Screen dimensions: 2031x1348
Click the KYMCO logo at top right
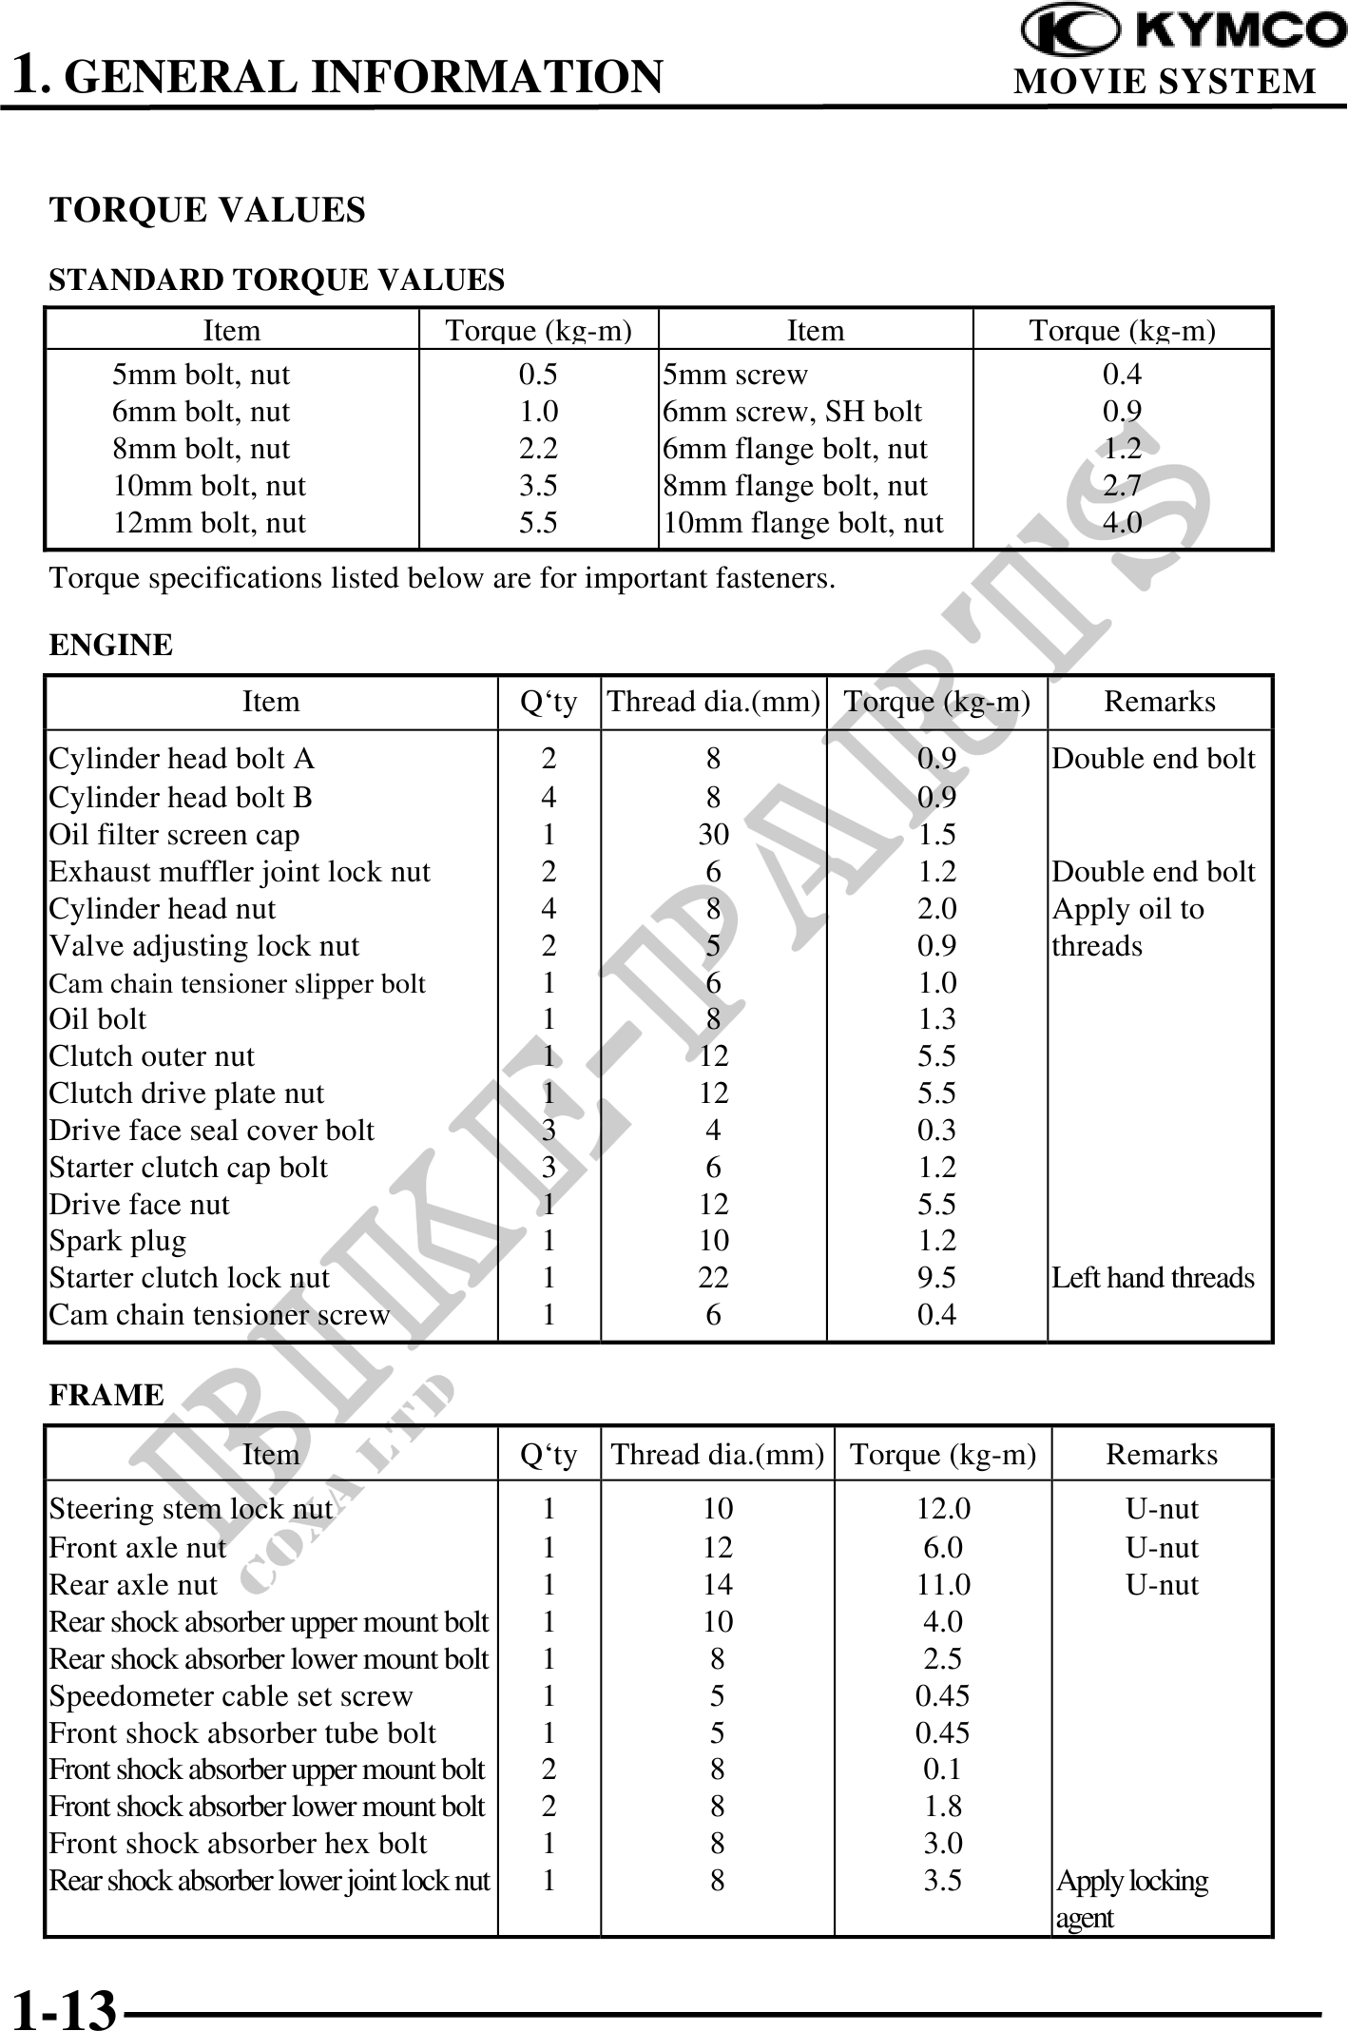coord(1183,29)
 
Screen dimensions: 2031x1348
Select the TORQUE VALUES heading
coord(207,210)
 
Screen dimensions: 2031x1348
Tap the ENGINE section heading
coord(111,645)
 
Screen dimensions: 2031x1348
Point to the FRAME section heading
coord(106,1395)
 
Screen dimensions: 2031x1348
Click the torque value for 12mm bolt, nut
coord(538,523)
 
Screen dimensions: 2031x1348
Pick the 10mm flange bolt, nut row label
coord(803,523)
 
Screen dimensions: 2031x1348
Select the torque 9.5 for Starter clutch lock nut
coord(936,1278)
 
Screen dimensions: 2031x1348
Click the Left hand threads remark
coord(1152,1278)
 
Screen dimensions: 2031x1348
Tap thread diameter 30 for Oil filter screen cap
coord(713,835)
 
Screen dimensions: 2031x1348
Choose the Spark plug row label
coord(118,1241)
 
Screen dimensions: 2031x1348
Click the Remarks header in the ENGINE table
coord(1159,702)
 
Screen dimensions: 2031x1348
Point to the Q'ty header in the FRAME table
coord(549,1455)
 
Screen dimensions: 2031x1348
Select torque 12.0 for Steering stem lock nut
coord(943,1509)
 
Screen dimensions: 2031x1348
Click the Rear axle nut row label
coord(133,1585)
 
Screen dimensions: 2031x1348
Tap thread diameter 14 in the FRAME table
coord(718,1585)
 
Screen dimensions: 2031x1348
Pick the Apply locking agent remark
coord(1131,1899)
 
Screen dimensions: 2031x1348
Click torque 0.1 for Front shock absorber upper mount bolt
coord(943,1770)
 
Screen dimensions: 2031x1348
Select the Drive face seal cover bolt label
coord(212,1131)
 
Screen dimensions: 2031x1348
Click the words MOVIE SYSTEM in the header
coord(1165,82)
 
